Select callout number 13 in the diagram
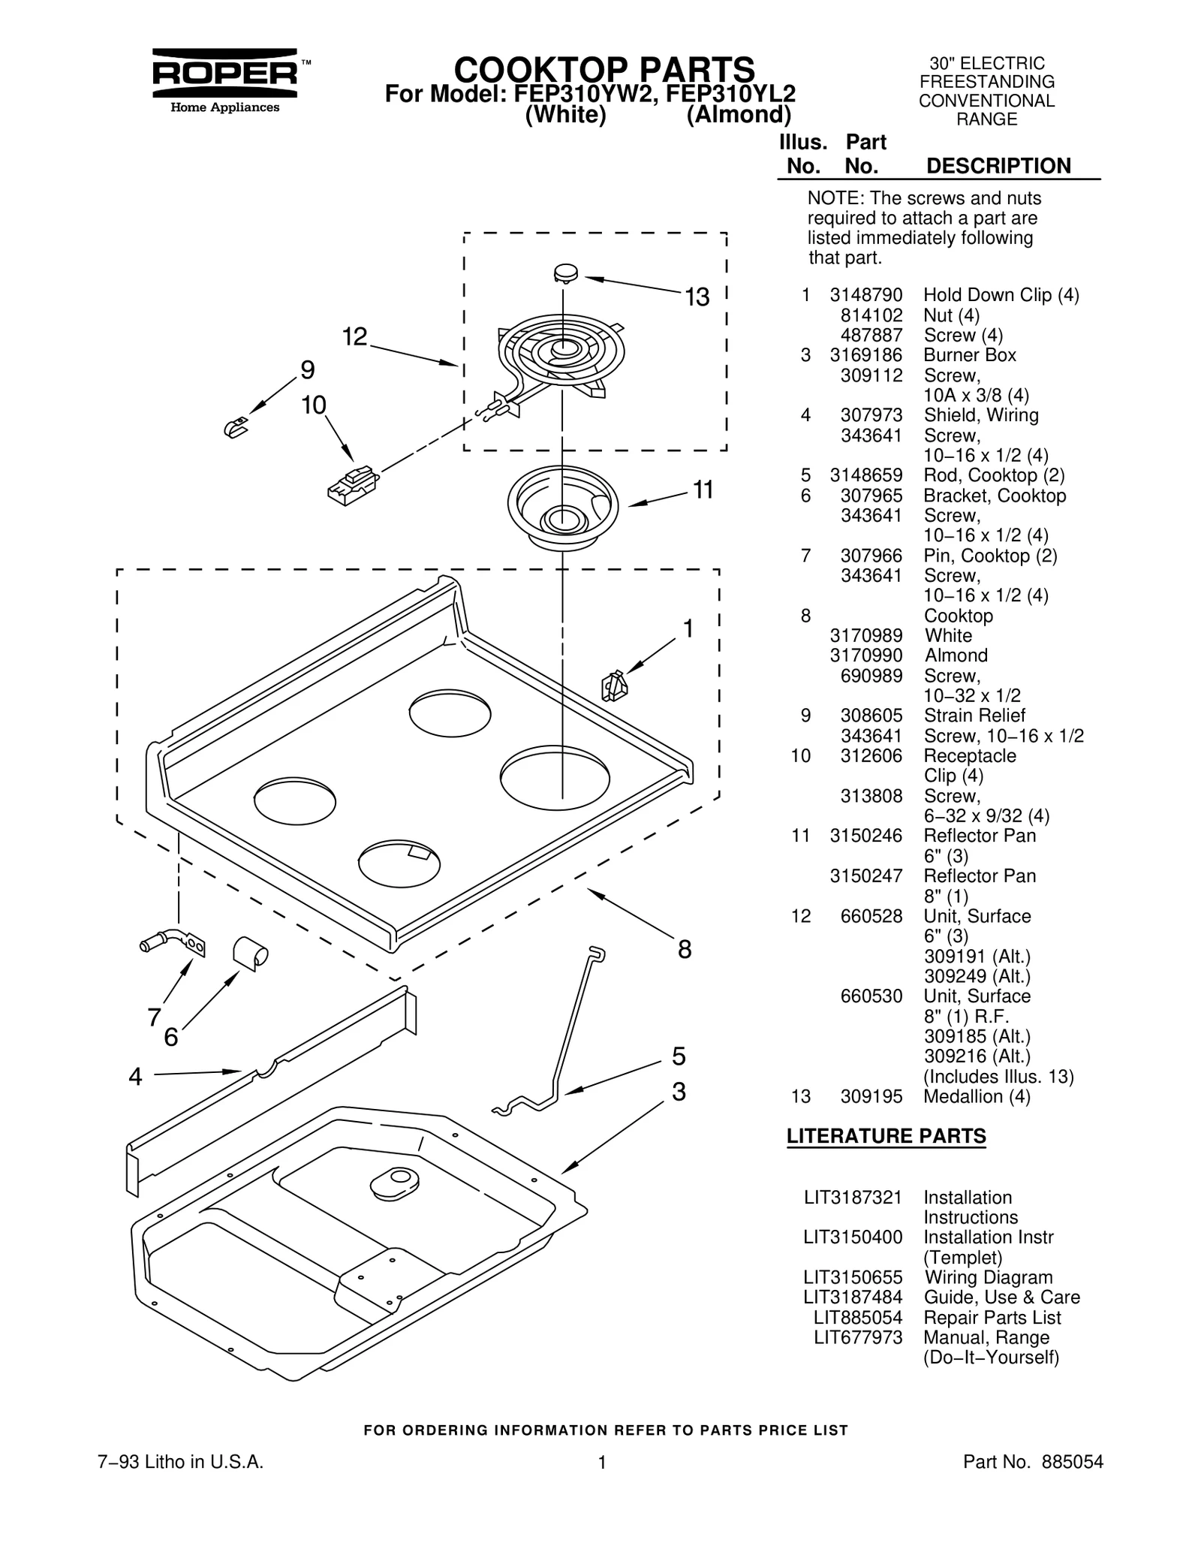pos(697,298)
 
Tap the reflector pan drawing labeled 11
pos(562,507)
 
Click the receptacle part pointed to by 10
pos(351,486)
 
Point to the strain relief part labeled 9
pos(236,427)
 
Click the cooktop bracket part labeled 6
pos(250,952)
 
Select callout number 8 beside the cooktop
pos(684,950)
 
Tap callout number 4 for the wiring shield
pos(135,1077)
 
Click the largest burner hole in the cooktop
pos(555,777)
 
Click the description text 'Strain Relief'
pos(974,716)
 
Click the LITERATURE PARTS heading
pos(886,1137)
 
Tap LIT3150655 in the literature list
pos(853,1277)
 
